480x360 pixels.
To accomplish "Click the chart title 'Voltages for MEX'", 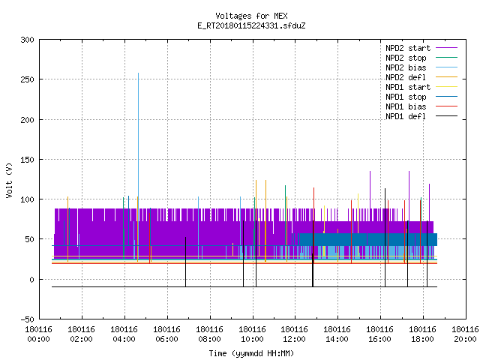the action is tap(251, 16).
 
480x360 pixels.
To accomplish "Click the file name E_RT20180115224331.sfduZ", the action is tap(251, 25).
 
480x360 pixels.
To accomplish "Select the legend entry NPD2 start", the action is tap(408, 48).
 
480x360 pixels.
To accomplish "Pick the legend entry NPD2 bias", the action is tap(406, 67).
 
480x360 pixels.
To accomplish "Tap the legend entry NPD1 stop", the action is tap(406, 97).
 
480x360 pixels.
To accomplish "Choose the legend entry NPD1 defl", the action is tap(406, 116).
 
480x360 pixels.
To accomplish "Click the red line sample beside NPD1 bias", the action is tap(446, 106).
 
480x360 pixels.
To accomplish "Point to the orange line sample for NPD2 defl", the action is tap(446, 77).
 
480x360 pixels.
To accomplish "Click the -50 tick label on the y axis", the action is tap(27, 319).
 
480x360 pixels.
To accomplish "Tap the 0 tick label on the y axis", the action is tap(31, 280).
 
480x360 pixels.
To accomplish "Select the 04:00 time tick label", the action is tap(124, 334).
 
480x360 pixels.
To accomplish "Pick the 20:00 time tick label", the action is tap(465, 334).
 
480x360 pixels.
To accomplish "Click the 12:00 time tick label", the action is tap(294, 334).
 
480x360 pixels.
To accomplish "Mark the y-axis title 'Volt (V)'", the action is tap(9, 180).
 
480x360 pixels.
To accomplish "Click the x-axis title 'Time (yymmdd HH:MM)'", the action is tap(251, 353).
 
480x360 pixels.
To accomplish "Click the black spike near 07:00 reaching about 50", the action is tap(185, 262).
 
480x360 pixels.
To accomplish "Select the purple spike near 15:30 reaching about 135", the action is tap(370, 190).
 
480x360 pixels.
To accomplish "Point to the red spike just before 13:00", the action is tap(313, 225).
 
